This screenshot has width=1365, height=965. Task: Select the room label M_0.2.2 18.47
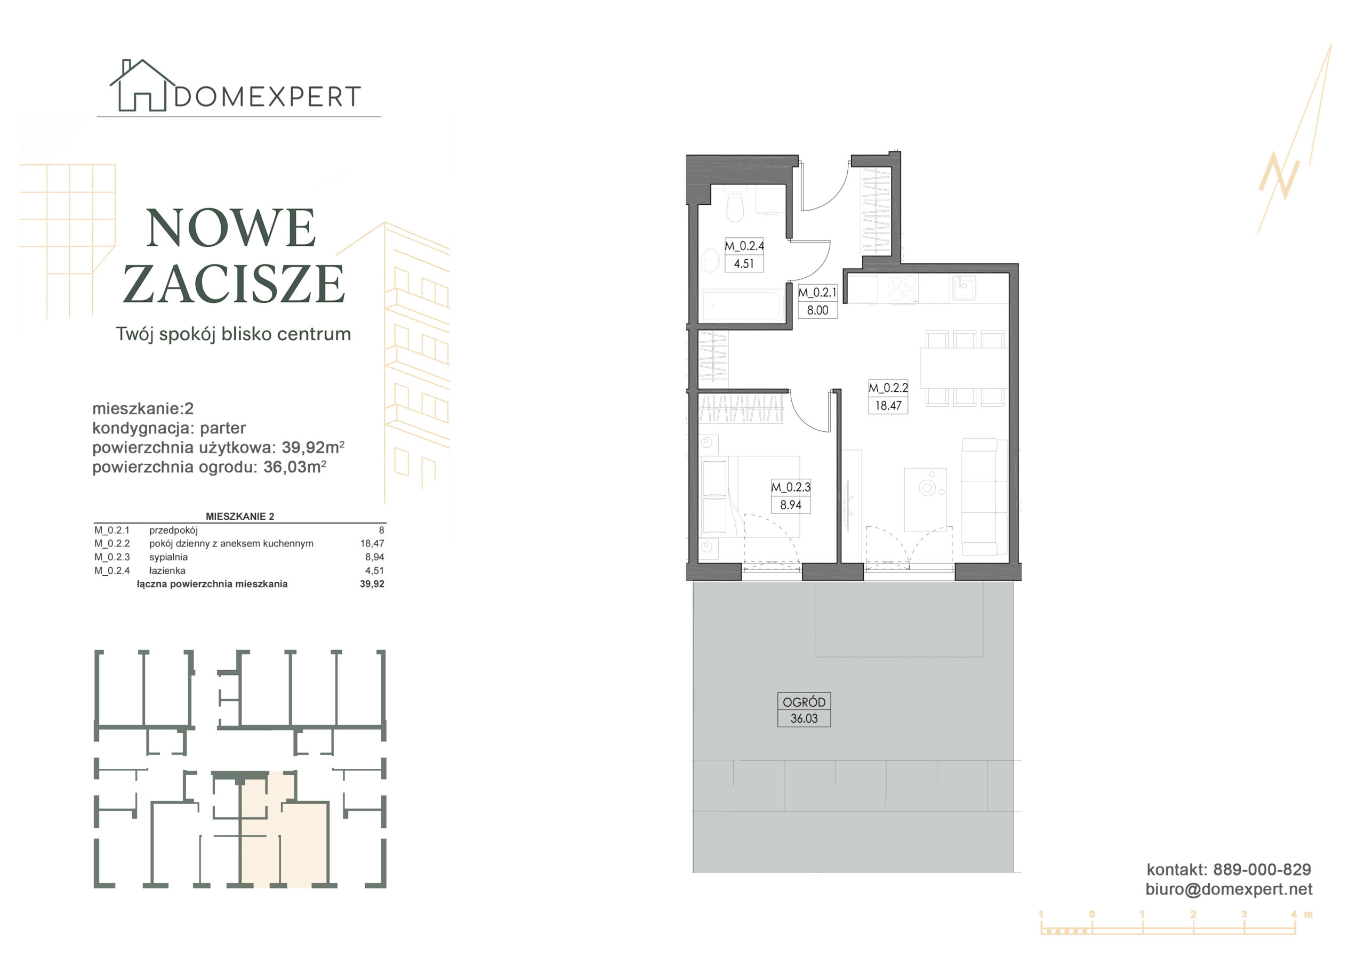(888, 397)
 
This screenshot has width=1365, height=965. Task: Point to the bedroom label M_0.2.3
(791, 496)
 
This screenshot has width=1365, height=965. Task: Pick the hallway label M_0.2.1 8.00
(817, 301)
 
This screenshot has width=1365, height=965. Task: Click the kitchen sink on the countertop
(963, 288)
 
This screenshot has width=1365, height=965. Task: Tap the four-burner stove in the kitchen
(904, 288)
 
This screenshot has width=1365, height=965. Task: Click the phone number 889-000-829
(1262, 869)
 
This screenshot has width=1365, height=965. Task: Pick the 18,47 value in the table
(372, 543)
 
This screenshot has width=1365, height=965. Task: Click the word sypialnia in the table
(168, 557)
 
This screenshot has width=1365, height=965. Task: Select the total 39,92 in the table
(372, 584)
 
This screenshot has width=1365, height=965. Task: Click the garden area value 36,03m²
(295, 467)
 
